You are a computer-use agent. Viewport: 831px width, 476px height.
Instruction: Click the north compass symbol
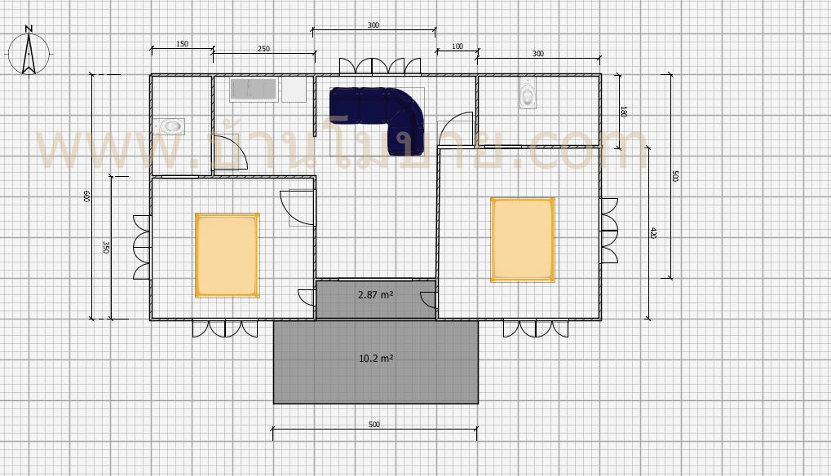click(x=29, y=51)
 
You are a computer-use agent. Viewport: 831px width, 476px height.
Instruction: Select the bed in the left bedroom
click(x=227, y=254)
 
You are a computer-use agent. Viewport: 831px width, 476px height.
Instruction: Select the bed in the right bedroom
click(x=523, y=239)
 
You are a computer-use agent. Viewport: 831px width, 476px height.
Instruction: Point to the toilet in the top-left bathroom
click(x=170, y=126)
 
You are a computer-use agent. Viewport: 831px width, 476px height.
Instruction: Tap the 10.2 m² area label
click(x=376, y=357)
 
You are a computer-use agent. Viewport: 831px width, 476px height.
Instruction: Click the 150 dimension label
click(x=183, y=44)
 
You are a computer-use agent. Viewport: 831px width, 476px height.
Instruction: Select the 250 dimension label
click(x=263, y=49)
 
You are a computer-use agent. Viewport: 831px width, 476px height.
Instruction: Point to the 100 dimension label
click(x=457, y=46)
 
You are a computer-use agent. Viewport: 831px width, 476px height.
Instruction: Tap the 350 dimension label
click(x=106, y=247)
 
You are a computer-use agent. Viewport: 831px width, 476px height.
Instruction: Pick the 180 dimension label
click(x=623, y=112)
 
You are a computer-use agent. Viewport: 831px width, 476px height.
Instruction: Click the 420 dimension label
click(x=652, y=233)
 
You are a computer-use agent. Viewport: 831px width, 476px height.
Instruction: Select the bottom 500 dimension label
click(x=374, y=425)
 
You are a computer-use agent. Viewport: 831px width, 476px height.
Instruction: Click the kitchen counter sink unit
click(x=254, y=89)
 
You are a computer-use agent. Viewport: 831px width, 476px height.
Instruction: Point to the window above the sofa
click(x=380, y=67)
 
